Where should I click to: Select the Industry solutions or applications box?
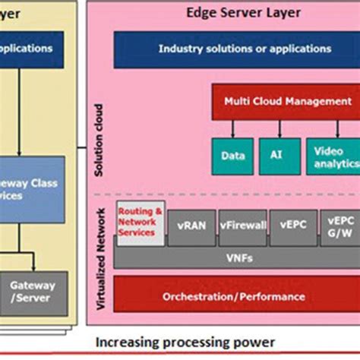tap(244, 49)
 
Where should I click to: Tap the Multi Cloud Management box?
tap(287, 101)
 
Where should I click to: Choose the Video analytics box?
tap(333, 156)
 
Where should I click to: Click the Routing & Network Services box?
tap(139, 223)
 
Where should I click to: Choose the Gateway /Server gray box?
tap(33, 292)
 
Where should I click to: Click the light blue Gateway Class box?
tap(34, 189)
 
